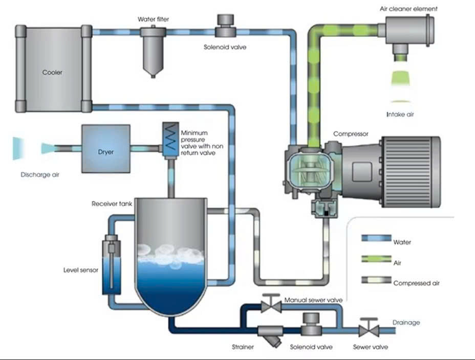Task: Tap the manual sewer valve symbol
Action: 271,305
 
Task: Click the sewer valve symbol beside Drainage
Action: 368,328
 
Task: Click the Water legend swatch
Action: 376,238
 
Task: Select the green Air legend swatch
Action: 376,259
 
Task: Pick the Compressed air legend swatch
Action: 376,280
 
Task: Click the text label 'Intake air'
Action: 400,115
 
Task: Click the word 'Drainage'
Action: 406,322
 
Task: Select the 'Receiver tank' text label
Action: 112,204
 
